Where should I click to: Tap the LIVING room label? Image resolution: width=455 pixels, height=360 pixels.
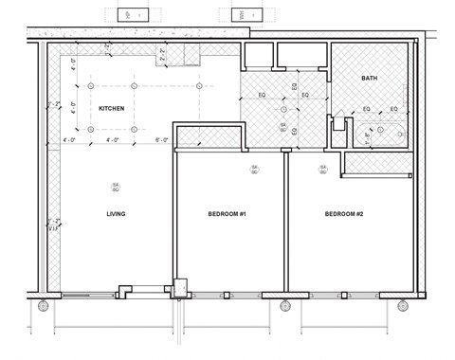pos(117,214)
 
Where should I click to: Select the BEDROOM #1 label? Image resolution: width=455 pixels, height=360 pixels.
pos(227,214)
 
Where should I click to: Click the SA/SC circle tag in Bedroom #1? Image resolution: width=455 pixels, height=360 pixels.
pos(253,170)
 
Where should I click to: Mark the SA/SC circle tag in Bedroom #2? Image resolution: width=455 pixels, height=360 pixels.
pos(322,170)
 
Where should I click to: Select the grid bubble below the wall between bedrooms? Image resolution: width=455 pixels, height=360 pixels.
pos(285,306)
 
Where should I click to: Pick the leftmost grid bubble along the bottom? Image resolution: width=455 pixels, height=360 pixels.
pos(44,306)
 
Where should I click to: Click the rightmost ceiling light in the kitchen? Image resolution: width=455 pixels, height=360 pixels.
pos(199,85)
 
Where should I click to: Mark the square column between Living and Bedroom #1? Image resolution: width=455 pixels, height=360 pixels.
pos(177,283)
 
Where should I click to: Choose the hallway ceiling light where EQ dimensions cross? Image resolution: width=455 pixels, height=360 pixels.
pos(282,96)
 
